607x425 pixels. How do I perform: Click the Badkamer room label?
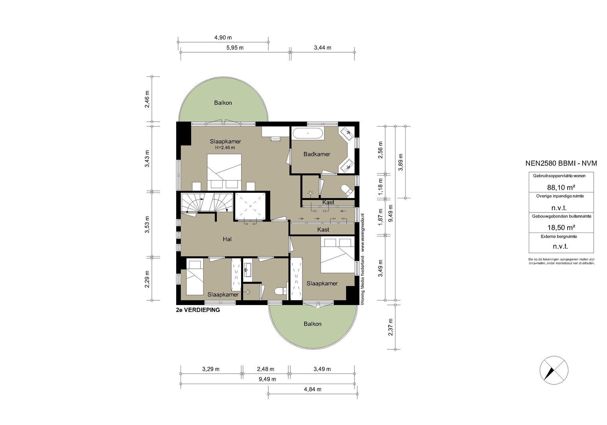tap(317, 154)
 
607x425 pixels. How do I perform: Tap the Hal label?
tap(227, 239)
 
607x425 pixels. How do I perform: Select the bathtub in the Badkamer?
tap(308, 133)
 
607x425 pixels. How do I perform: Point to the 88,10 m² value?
tap(561, 187)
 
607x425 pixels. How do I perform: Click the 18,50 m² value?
tap(561, 227)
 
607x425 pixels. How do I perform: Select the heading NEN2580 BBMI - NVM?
tap(561, 163)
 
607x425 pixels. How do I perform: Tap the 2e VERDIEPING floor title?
tap(198, 310)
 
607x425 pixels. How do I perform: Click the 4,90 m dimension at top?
tap(223, 37)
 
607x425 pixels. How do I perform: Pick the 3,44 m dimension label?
tap(322, 48)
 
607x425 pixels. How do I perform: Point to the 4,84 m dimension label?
tap(313, 389)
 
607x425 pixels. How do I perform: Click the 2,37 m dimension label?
tap(391, 327)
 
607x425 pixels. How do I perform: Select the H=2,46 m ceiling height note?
tap(225, 148)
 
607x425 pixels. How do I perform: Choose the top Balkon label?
tap(223, 103)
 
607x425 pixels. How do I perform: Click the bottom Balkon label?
tap(312, 324)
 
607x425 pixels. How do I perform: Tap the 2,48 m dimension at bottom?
tap(266, 369)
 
